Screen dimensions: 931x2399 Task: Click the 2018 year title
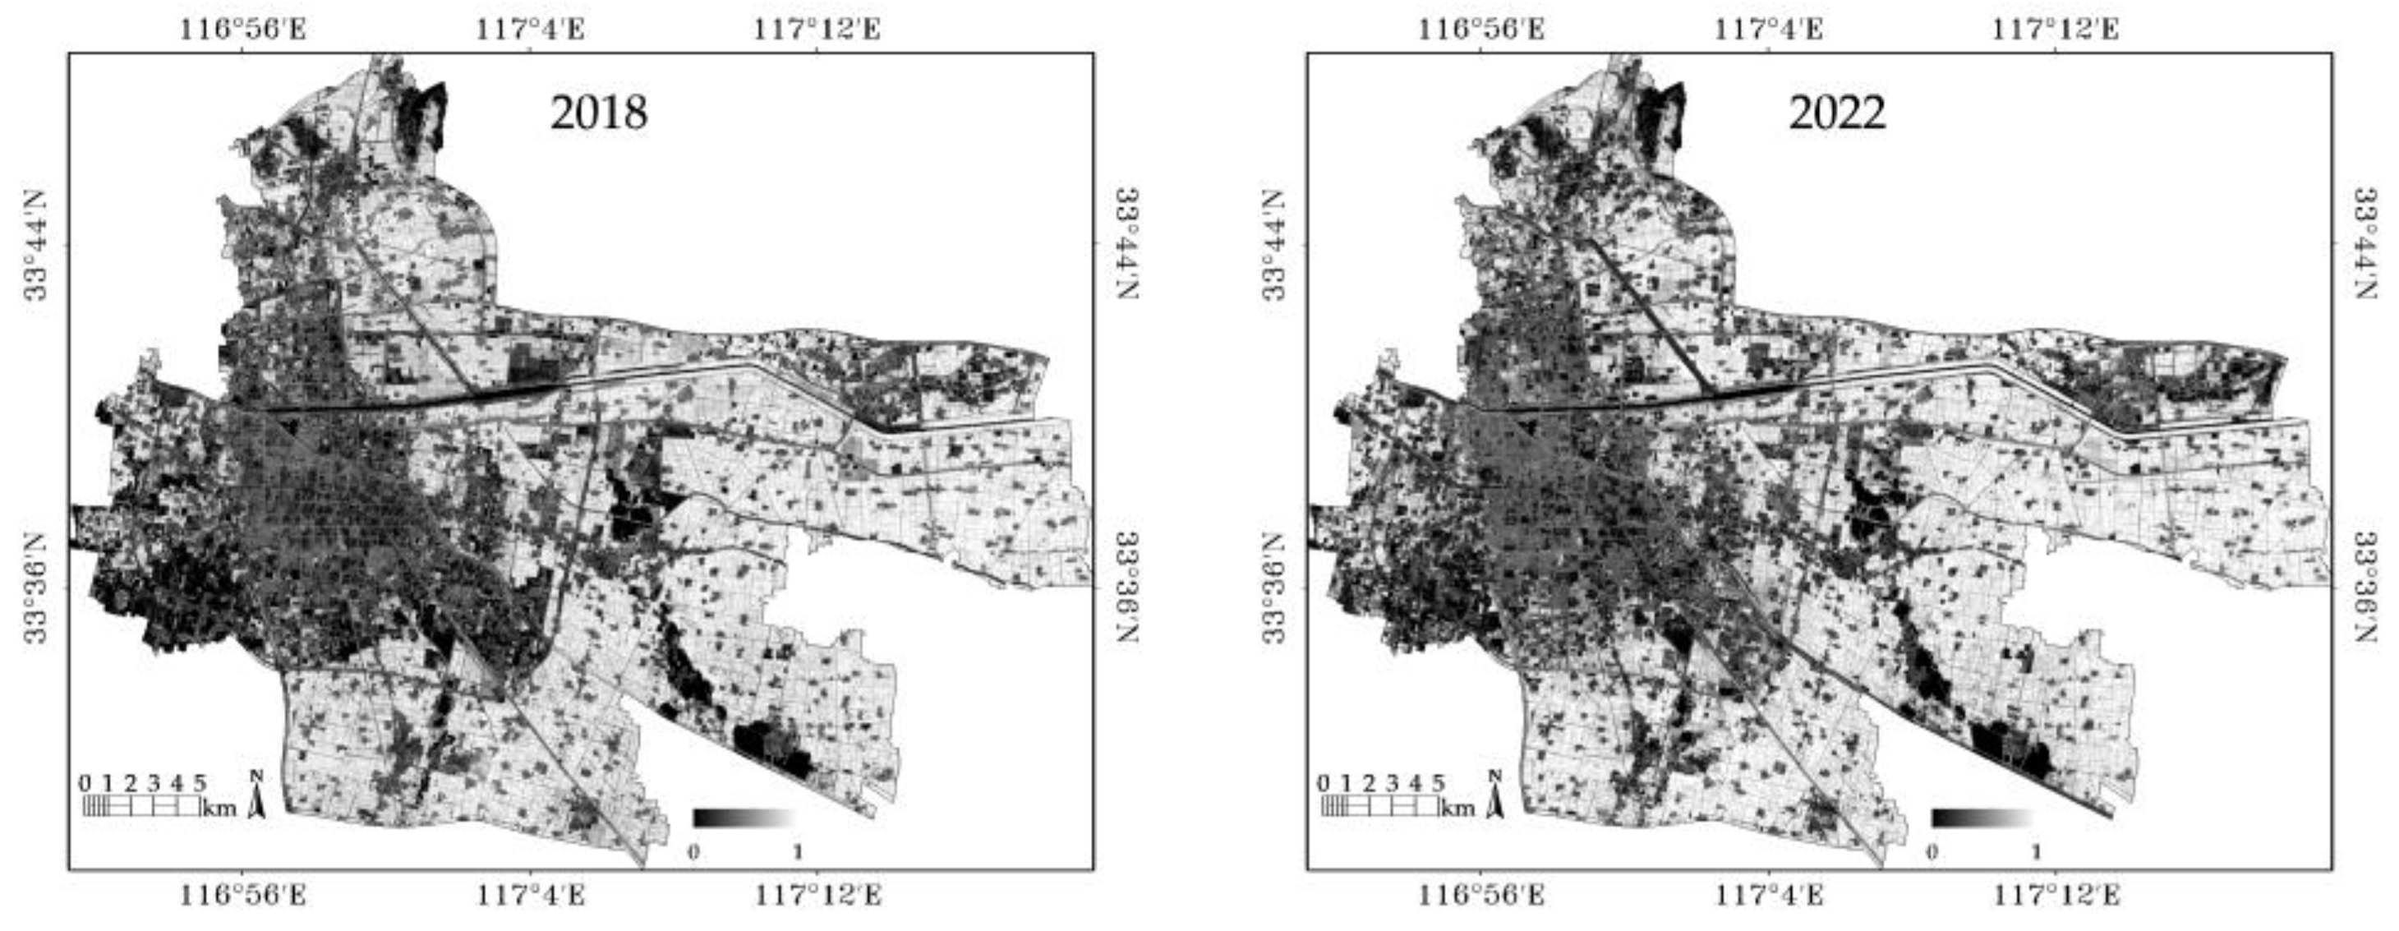coord(598,113)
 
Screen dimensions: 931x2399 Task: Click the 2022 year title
coord(1836,113)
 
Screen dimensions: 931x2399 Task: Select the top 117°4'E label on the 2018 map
coord(531,29)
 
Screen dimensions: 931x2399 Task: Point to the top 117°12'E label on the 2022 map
coord(2056,29)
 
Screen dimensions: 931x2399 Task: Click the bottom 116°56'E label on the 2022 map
coord(1480,896)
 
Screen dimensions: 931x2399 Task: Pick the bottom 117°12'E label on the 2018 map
coord(817,896)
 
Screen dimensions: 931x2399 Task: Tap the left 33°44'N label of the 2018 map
coord(35,245)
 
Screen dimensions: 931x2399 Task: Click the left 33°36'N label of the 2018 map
coord(35,588)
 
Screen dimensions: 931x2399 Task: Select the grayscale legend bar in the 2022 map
coord(1981,818)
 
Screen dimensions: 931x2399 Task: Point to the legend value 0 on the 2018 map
coord(693,852)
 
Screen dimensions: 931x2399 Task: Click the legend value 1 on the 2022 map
coord(2036,852)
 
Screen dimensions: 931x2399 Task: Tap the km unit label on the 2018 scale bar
coord(220,807)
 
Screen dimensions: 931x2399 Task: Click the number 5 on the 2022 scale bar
coord(1438,783)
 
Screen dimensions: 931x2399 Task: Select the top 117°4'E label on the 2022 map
coord(1770,29)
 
